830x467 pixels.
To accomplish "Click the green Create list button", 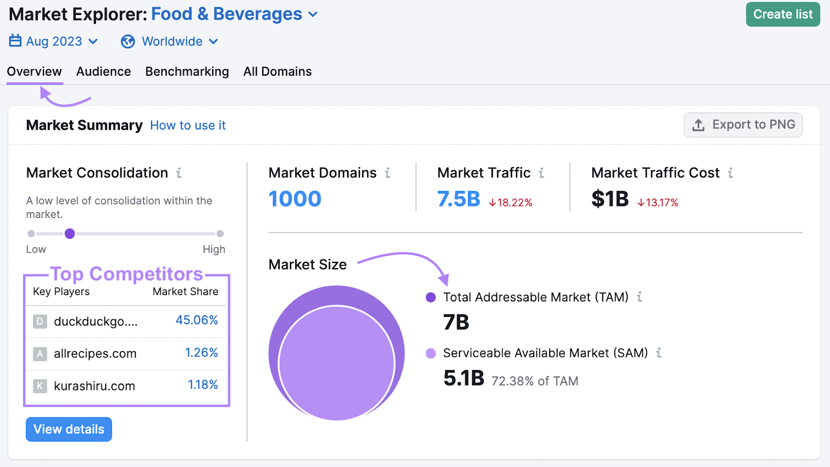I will click(x=782, y=15).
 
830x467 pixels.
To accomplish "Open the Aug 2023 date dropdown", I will click(x=54, y=42).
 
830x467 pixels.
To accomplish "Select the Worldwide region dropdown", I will click(x=170, y=42).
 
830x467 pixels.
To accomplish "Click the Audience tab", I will click(x=103, y=72).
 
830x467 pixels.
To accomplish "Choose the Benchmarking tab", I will click(x=187, y=72).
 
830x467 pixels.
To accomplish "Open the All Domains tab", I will click(x=278, y=72).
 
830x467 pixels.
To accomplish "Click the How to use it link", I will click(x=188, y=126).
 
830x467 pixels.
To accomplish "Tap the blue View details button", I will click(x=69, y=429).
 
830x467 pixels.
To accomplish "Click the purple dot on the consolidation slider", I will click(x=70, y=233).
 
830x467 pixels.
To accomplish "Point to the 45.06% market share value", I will click(x=197, y=320).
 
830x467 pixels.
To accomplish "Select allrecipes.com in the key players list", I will click(x=95, y=354).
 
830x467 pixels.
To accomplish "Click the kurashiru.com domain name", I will click(x=94, y=386).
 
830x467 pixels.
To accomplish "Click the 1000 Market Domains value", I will click(x=295, y=199).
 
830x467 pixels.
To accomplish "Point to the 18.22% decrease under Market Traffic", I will click(x=511, y=203).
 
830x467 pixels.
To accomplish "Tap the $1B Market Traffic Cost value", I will click(x=610, y=199).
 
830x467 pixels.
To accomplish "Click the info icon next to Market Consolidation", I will click(x=179, y=173).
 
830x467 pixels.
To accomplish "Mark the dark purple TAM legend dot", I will click(x=431, y=297).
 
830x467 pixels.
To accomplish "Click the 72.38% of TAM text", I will click(x=534, y=381).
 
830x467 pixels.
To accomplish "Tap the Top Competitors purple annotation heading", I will click(x=127, y=274).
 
